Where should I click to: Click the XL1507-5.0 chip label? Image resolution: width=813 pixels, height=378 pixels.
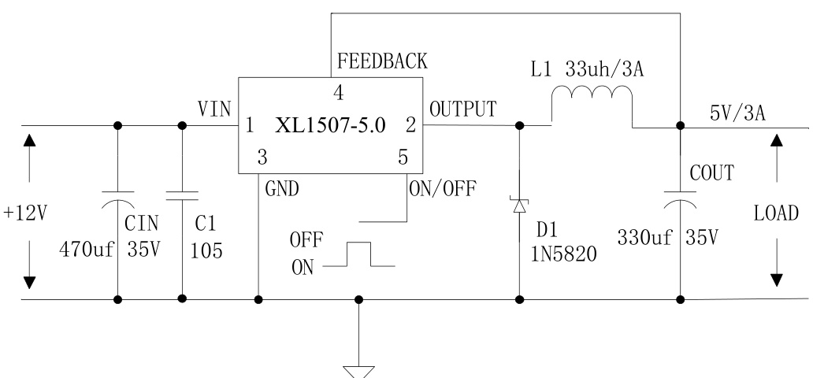point(331,126)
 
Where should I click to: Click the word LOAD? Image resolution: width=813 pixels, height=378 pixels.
point(777,213)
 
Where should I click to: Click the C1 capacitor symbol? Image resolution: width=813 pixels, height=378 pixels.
point(183,194)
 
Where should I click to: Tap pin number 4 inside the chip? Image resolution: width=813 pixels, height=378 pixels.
point(338,93)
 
